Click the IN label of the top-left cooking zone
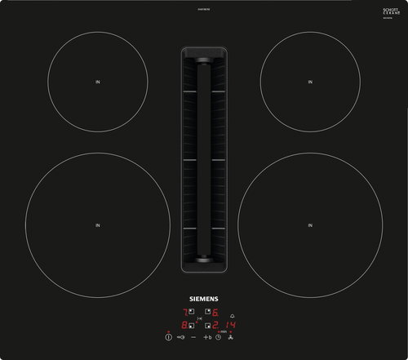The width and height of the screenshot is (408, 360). click(x=96, y=82)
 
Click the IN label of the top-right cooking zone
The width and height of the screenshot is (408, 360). click(x=310, y=82)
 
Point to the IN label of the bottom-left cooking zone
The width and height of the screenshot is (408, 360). click(x=96, y=225)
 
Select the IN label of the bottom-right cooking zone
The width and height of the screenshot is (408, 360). click(x=310, y=225)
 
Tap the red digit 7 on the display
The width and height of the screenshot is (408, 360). click(x=185, y=312)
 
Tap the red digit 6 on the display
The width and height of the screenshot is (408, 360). click(x=215, y=312)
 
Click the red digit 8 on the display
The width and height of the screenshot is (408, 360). click(x=184, y=325)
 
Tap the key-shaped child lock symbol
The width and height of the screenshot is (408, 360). click(x=181, y=337)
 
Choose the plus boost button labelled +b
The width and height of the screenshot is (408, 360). click(x=207, y=337)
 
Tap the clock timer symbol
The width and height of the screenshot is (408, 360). click(x=219, y=337)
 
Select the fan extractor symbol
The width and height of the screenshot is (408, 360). click(x=231, y=337)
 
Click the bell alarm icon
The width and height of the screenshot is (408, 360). click(x=232, y=316)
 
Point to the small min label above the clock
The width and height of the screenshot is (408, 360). click(x=223, y=331)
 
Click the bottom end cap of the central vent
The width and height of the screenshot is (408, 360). click(x=203, y=260)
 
